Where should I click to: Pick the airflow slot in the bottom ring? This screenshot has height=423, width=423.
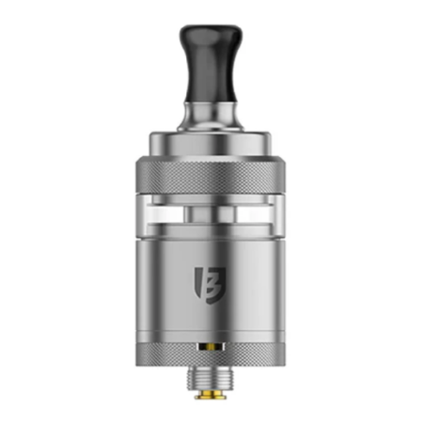211,343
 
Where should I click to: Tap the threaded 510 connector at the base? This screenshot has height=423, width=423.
211,371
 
